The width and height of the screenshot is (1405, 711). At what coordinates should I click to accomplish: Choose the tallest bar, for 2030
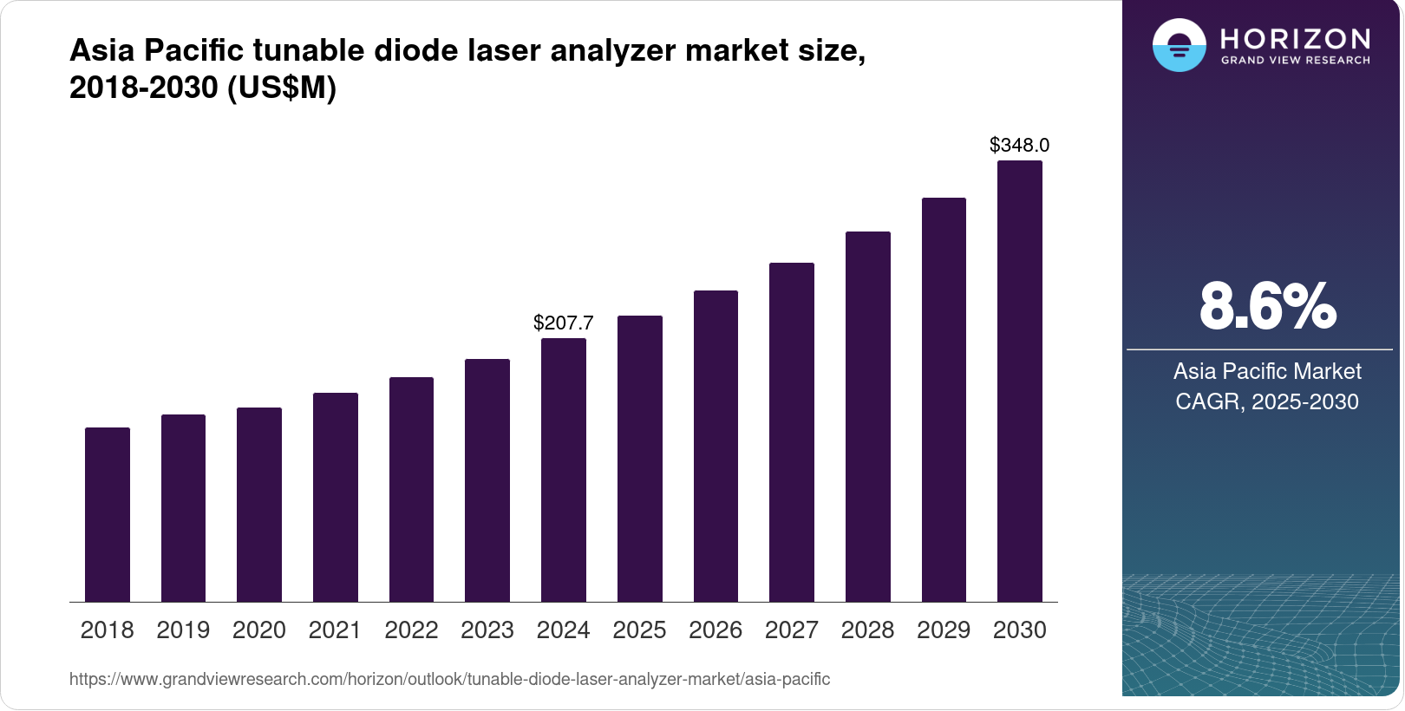(1020, 382)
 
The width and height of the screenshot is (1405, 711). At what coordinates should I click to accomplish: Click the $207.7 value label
(564, 323)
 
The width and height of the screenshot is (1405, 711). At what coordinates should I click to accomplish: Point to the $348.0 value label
(1020, 145)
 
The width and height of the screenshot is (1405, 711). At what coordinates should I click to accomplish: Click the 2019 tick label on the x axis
(183, 630)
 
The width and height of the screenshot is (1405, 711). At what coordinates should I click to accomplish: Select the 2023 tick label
(487, 630)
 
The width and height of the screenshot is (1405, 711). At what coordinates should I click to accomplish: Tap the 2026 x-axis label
(716, 630)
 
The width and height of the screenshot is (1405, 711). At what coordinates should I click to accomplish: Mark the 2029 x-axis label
(944, 630)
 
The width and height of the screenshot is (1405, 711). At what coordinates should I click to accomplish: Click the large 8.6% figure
(1267, 307)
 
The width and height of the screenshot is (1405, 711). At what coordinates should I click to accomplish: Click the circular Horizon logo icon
(1179, 45)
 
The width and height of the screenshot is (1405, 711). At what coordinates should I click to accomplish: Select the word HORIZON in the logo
(1295, 39)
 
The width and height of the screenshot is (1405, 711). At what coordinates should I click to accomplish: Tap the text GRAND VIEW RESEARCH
(1295, 61)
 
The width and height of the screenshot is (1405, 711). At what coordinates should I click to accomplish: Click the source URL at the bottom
(449, 680)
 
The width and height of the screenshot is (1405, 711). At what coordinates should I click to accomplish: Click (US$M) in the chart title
(282, 88)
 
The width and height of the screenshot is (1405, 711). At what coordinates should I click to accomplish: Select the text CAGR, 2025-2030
(1267, 401)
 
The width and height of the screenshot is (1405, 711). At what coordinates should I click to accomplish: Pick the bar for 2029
(944, 400)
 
